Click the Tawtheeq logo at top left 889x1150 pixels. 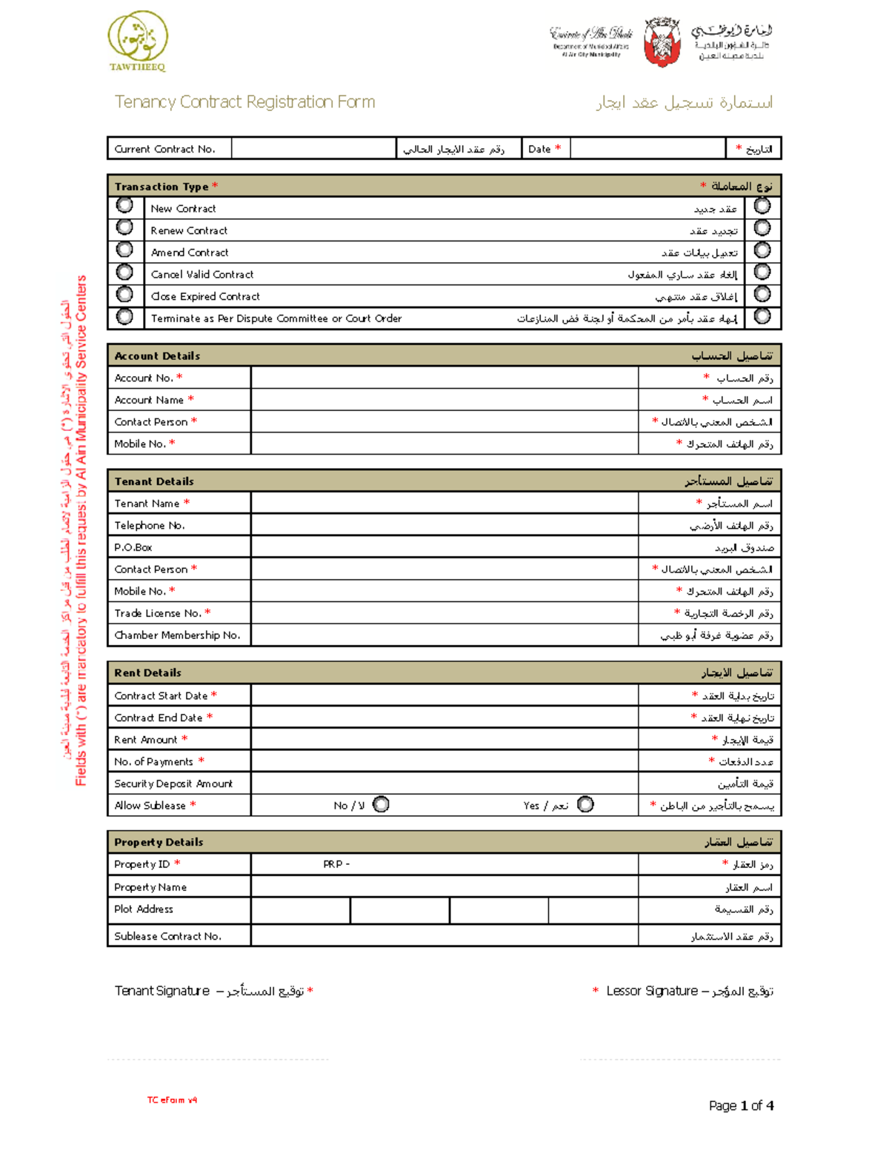(x=138, y=41)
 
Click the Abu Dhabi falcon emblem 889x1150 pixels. (x=662, y=41)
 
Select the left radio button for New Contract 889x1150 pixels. (x=124, y=205)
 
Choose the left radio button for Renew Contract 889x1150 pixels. (x=124, y=227)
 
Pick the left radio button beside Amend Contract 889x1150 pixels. (x=124, y=250)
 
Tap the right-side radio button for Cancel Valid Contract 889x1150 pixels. (x=762, y=272)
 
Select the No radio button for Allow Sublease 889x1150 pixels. (x=381, y=804)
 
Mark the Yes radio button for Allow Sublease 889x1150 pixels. (x=585, y=804)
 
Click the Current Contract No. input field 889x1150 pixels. (x=313, y=149)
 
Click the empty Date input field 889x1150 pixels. (x=647, y=149)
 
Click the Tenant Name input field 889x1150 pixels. (x=444, y=504)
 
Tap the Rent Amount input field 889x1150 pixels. (x=444, y=740)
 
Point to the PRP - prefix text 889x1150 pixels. (x=336, y=864)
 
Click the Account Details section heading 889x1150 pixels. (x=157, y=356)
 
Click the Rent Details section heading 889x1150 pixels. (x=147, y=673)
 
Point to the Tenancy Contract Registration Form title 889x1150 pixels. (x=244, y=102)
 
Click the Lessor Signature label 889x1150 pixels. (x=652, y=991)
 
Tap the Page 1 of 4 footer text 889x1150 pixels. (x=741, y=1106)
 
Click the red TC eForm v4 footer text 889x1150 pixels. (x=172, y=1100)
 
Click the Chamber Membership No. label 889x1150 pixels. (x=177, y=635)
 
